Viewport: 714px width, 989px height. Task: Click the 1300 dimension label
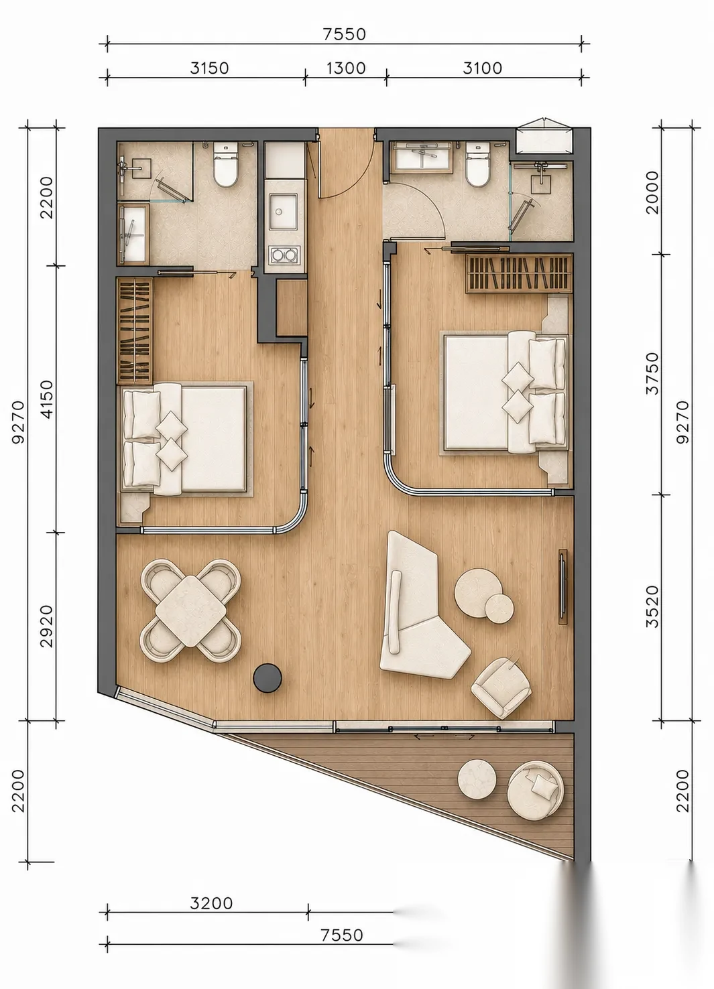coord(346,68)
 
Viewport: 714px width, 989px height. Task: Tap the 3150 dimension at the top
coord(209,68)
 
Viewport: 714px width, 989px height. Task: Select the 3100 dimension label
coord(483,68)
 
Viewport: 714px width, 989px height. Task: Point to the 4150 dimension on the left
coord(46,399)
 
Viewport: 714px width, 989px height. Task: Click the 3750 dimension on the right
coord(652,373)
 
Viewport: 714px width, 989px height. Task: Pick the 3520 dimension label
coord(652,607)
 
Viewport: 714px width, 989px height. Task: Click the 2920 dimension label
coord(46,626)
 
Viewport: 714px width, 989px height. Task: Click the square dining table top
coord(190,611)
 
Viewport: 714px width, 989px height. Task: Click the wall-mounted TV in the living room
coord(562,587)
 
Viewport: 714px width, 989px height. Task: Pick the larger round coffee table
coord(479,592)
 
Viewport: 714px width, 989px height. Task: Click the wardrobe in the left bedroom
coord(134,331)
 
